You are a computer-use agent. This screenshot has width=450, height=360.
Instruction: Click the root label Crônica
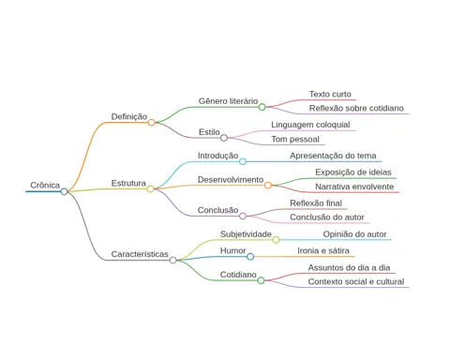coord(45,185)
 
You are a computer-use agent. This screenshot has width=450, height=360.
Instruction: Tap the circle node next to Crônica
coord(64,191)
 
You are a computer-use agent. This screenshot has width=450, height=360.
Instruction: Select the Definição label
coord(129,116)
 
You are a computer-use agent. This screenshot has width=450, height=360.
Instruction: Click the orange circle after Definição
coord(152,123)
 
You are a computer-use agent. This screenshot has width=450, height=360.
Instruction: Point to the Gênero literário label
coord(228,101)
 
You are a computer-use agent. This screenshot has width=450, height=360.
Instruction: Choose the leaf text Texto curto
coord(330,94)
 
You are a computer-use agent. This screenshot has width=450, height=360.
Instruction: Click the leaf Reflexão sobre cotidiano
coord(356,108)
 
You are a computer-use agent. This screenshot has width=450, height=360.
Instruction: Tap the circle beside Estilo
coord(224,138)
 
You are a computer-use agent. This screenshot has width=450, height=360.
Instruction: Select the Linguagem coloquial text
coord(310,125)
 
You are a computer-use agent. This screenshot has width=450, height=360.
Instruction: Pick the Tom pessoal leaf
coord(295,139)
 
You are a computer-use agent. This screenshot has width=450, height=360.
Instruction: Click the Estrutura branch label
coord(128,183)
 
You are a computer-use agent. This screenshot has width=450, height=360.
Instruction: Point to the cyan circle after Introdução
coord(243,161)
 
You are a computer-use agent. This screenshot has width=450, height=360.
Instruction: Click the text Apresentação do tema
coord(333,156)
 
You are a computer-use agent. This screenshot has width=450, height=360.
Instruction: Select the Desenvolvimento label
coord(231,180)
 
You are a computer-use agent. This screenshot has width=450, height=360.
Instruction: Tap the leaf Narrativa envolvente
coord(354,187)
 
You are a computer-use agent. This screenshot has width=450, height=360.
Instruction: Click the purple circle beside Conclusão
coord(243,216)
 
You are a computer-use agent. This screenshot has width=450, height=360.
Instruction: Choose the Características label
coord(140,254)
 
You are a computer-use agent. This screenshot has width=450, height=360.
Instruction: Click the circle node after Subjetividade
coord(276,240)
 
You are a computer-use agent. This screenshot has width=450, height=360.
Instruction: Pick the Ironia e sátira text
coord(323,250)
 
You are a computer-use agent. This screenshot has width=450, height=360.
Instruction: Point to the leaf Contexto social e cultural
coord(356,281)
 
